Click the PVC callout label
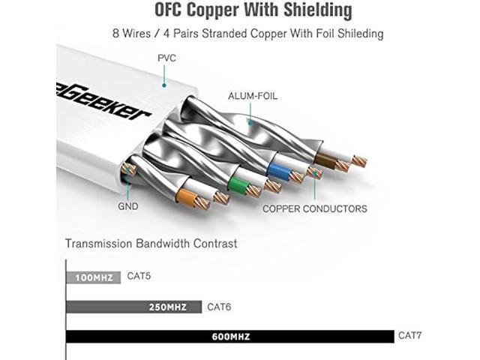click(166, 58)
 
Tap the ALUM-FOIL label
click(253, 96)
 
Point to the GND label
click(128, 206)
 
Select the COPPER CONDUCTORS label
click(315, 208)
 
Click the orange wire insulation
click(187, 197)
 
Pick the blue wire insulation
click(278, 171)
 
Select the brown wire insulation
click(326, 160)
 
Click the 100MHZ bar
click(93, 277)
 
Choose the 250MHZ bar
click(134, 307)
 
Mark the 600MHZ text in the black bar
click(231, 337)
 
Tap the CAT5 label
click(139, 276)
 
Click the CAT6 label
click(219, 307)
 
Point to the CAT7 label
click(409, 335)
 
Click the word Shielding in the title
click(317, 10)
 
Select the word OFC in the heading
click(169, 10)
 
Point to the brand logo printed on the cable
click(104, 103)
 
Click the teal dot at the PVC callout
click(164, 85)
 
